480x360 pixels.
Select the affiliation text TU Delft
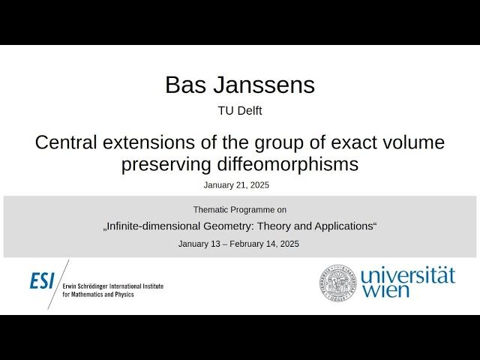coord(239,111)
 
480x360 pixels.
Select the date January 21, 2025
coord(236,184)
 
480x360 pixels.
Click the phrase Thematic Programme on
coord(239,209)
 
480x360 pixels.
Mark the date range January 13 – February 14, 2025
coord(238,244)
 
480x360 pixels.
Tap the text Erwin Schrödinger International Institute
coord(112,286)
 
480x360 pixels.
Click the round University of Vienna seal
coord(338,282)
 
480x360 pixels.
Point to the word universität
coord(407,274)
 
